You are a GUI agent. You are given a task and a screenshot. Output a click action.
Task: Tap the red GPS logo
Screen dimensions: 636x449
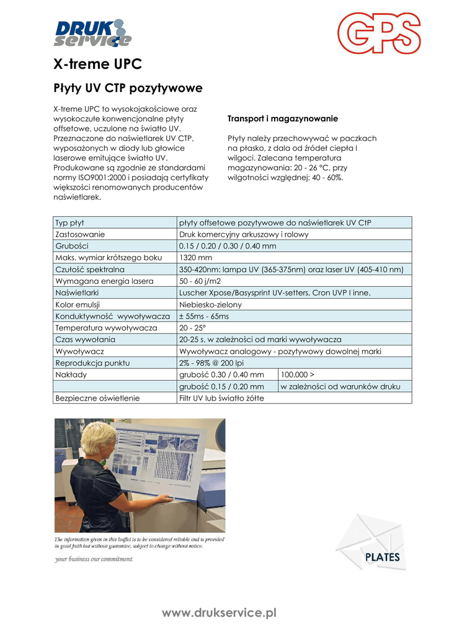pyautogui.click(x=378, y=34)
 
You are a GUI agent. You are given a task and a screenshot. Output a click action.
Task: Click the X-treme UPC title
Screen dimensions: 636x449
pyautogui.click(x=97, y=64)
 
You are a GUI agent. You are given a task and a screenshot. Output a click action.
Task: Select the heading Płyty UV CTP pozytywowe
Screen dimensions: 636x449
pyautogui.click(x=128, y=88)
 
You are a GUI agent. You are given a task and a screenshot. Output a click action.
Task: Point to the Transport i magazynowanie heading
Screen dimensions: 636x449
pyautogui.click(x=282, y=118)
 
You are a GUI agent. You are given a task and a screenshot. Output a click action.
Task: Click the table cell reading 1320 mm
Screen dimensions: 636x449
pyautogui.click(x=196, y=257)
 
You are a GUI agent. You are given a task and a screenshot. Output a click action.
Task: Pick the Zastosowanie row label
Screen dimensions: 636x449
pyautogui.click(x=81, y=234)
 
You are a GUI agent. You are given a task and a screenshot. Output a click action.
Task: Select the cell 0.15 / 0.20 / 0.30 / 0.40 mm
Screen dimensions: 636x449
pyautogui.click(x=228, y=246)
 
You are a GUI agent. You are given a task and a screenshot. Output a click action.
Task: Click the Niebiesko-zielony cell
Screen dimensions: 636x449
pyautogui.click(x=210, y=304)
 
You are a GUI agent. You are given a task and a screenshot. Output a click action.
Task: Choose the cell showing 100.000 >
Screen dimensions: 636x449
pyautogui.click(x=298, y=375)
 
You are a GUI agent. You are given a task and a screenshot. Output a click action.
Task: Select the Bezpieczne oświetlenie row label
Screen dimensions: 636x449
pyautogui.click(x=97, y=397)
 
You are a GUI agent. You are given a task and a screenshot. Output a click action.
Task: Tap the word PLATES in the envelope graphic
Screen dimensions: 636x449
pyautogui.click(x=382, y=557)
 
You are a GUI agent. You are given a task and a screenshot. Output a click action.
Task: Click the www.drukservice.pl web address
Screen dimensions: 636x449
pyautogui.click(x=219, y=613)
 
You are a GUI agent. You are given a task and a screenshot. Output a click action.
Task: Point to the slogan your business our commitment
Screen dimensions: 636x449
pyautogui.click(x=94, y=559)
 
